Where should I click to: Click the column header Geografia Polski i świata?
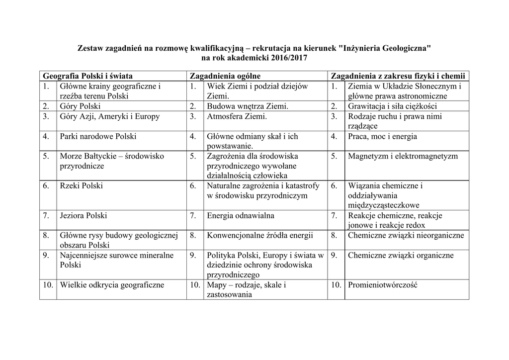pyautogui.click(x=88, y=76)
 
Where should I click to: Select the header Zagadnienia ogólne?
pyautogui.click(x=225, y=76)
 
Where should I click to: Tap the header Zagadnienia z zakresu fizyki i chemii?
pyautogui.click(x=398, y=76)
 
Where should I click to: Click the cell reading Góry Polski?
pyautogui.click(x=80, y=106)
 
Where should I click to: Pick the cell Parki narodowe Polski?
pyautogui.click(x=98, y=136)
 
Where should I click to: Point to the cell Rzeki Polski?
pyautogui.click(x=82, y=185)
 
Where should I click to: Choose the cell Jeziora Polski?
pyautogui.click(x=84, y=215)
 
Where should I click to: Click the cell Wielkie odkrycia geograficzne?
pyautogui.click(x=112, y=285)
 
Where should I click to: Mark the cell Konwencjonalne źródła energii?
pyautogui.click(x=260, y=235)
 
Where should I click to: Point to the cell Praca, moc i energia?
pyautogui.click(x=382, y=136)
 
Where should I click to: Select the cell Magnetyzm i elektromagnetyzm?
pyautogui.click(x=403, y=156)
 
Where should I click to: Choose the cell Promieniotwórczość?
pyautogui.click(x=382, y=285)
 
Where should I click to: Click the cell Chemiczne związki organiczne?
pyautogui.click(x=401, y=255)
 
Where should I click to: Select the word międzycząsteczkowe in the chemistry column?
pyautogui.click(x=383, y=205)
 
